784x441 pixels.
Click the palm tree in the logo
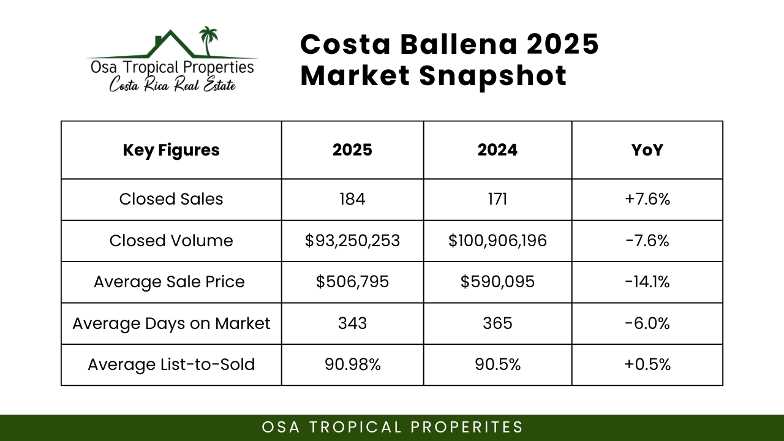208,41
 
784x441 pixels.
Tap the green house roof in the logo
170,43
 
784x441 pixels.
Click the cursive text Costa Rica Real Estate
172,85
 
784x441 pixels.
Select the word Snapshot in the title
493,77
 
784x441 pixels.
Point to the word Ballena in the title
459,45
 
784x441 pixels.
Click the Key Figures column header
171,150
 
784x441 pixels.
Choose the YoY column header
647,150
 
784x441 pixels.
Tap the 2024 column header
497,150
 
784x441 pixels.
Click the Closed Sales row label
171,199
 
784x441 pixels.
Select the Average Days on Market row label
171,323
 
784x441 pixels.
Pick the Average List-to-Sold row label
171,364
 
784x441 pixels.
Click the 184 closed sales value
352,199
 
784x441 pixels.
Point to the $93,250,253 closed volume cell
352,241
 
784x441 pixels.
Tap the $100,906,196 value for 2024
497,241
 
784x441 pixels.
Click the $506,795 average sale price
352,282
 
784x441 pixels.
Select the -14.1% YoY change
647,282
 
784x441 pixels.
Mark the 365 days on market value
497,323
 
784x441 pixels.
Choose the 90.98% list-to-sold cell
352,364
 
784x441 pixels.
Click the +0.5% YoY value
647,364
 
